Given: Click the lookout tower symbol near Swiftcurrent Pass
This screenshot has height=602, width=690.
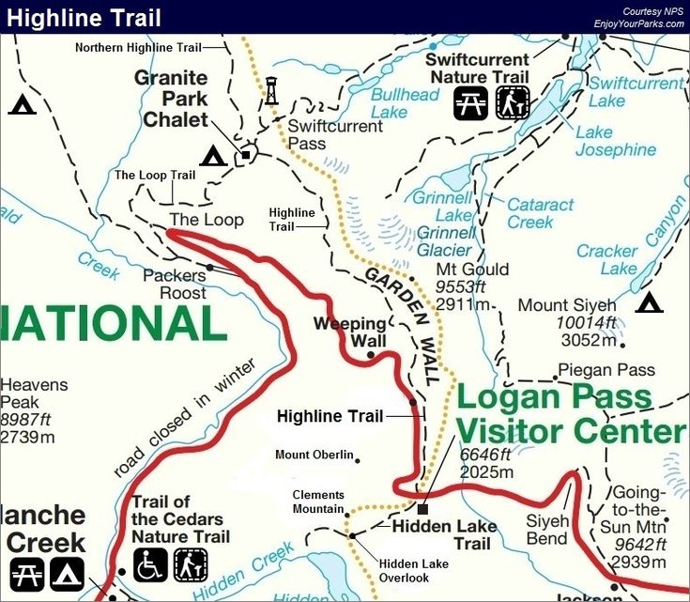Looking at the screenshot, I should tap(272, 91).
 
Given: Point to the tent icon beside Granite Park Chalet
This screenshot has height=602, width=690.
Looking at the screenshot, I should tap(213, 156).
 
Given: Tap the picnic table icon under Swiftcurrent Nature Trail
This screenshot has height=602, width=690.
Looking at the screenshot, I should tap(472, 103).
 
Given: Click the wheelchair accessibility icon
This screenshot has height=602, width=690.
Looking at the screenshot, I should tap(151, 564).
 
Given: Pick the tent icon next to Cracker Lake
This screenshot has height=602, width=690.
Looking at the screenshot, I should tap(649, 302).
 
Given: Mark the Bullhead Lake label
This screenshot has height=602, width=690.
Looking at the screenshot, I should tap(406, 103).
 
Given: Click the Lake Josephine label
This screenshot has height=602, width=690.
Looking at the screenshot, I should tap(615, 141).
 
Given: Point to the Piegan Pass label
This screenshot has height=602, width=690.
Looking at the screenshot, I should tap(606, 370).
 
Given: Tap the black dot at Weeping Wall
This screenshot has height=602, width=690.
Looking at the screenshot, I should tap(371, 355).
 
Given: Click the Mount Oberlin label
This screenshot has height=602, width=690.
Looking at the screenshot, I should tap(314, 455).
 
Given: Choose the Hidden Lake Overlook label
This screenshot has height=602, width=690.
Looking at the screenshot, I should tap(414, 570).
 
